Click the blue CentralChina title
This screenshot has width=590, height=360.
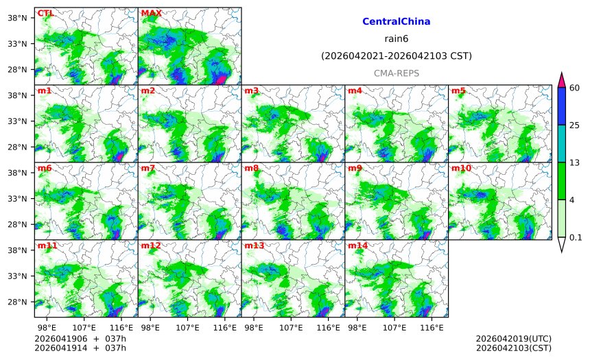(396, 22)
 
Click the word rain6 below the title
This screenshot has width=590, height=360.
(396, 39)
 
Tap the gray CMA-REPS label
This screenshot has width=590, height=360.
(396, 73)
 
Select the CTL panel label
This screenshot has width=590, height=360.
(45, 13)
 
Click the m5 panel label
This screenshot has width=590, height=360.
(458, 91)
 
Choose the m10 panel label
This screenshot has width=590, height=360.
(461, 168)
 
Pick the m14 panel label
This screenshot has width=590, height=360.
(357, 245)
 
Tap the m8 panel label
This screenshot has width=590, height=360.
(251, 168)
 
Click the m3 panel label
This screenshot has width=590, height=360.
(251, 91)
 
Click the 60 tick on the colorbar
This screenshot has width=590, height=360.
(575, 87)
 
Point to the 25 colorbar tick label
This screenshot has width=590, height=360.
(575, 125)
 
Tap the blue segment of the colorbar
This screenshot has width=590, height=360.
(561, 106)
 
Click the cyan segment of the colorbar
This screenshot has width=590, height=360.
(561, 143)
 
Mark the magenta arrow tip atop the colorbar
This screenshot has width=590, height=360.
(561, 79)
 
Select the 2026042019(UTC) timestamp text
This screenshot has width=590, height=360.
(513, 339)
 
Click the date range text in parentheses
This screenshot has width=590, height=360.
(396, 56)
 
